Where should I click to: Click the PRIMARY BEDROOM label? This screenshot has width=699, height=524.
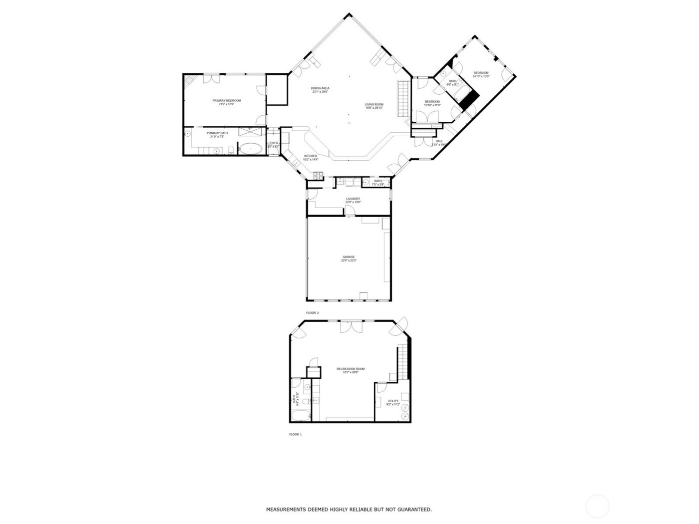tap(230, 101)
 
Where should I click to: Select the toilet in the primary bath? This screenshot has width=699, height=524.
tap(228, 151)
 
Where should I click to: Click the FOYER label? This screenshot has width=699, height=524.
tap(273, 143)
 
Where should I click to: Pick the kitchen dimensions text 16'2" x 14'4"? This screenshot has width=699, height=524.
tap(311, 160)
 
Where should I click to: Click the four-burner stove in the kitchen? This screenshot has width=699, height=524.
tap(318, 175)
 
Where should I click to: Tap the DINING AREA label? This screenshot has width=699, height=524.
tap(320, 88)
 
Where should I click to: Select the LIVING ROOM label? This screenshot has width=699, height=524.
tap(374, 104)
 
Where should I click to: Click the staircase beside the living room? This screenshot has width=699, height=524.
tap(403, 97)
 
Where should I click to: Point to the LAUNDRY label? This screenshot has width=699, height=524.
tap(353, 199)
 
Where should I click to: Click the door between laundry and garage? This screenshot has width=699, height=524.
tap(351, 212)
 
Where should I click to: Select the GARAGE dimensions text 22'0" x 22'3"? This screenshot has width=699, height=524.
tap(349, 261)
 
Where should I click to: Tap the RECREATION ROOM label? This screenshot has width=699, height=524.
tap(350, 369)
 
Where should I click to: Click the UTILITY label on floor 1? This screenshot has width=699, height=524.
tap(393, 401)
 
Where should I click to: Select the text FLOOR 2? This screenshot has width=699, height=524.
tap(312, 313)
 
